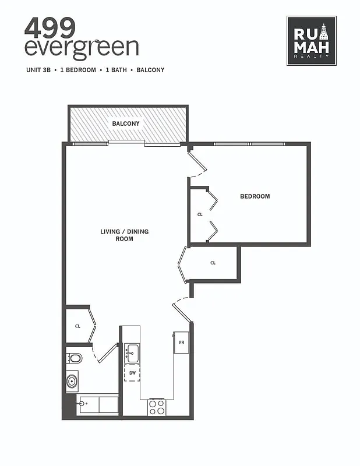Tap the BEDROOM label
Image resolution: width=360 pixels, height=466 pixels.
[x=255, y=196]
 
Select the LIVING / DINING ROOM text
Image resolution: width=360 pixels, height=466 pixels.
[x=125, y=235]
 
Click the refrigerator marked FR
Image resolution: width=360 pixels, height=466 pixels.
[x=181, y=343]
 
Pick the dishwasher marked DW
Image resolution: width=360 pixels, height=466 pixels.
[x=132, y=373]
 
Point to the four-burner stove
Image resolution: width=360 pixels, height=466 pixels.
[x=157, y=407]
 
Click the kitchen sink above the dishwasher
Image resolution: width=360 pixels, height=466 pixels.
[x=132, y=351]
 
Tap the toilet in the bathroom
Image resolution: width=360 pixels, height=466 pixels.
[x=75, y=357]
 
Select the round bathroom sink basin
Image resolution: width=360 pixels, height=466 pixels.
[x=72, y=382]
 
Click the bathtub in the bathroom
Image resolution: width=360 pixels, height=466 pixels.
[x=97, y=405]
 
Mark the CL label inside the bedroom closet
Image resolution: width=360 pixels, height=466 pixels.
[x=200, y=214]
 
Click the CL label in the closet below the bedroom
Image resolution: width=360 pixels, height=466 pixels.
[x=213, y=263]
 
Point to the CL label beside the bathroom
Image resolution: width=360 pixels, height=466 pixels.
[x=77, y=326]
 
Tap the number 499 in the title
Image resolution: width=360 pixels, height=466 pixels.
[x=50, y=26]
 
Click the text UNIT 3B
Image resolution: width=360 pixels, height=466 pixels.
[x=38, y=70]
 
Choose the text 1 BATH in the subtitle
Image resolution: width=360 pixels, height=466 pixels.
[x=115, y=70]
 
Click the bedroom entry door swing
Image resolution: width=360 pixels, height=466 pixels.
[x=197, y=163]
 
